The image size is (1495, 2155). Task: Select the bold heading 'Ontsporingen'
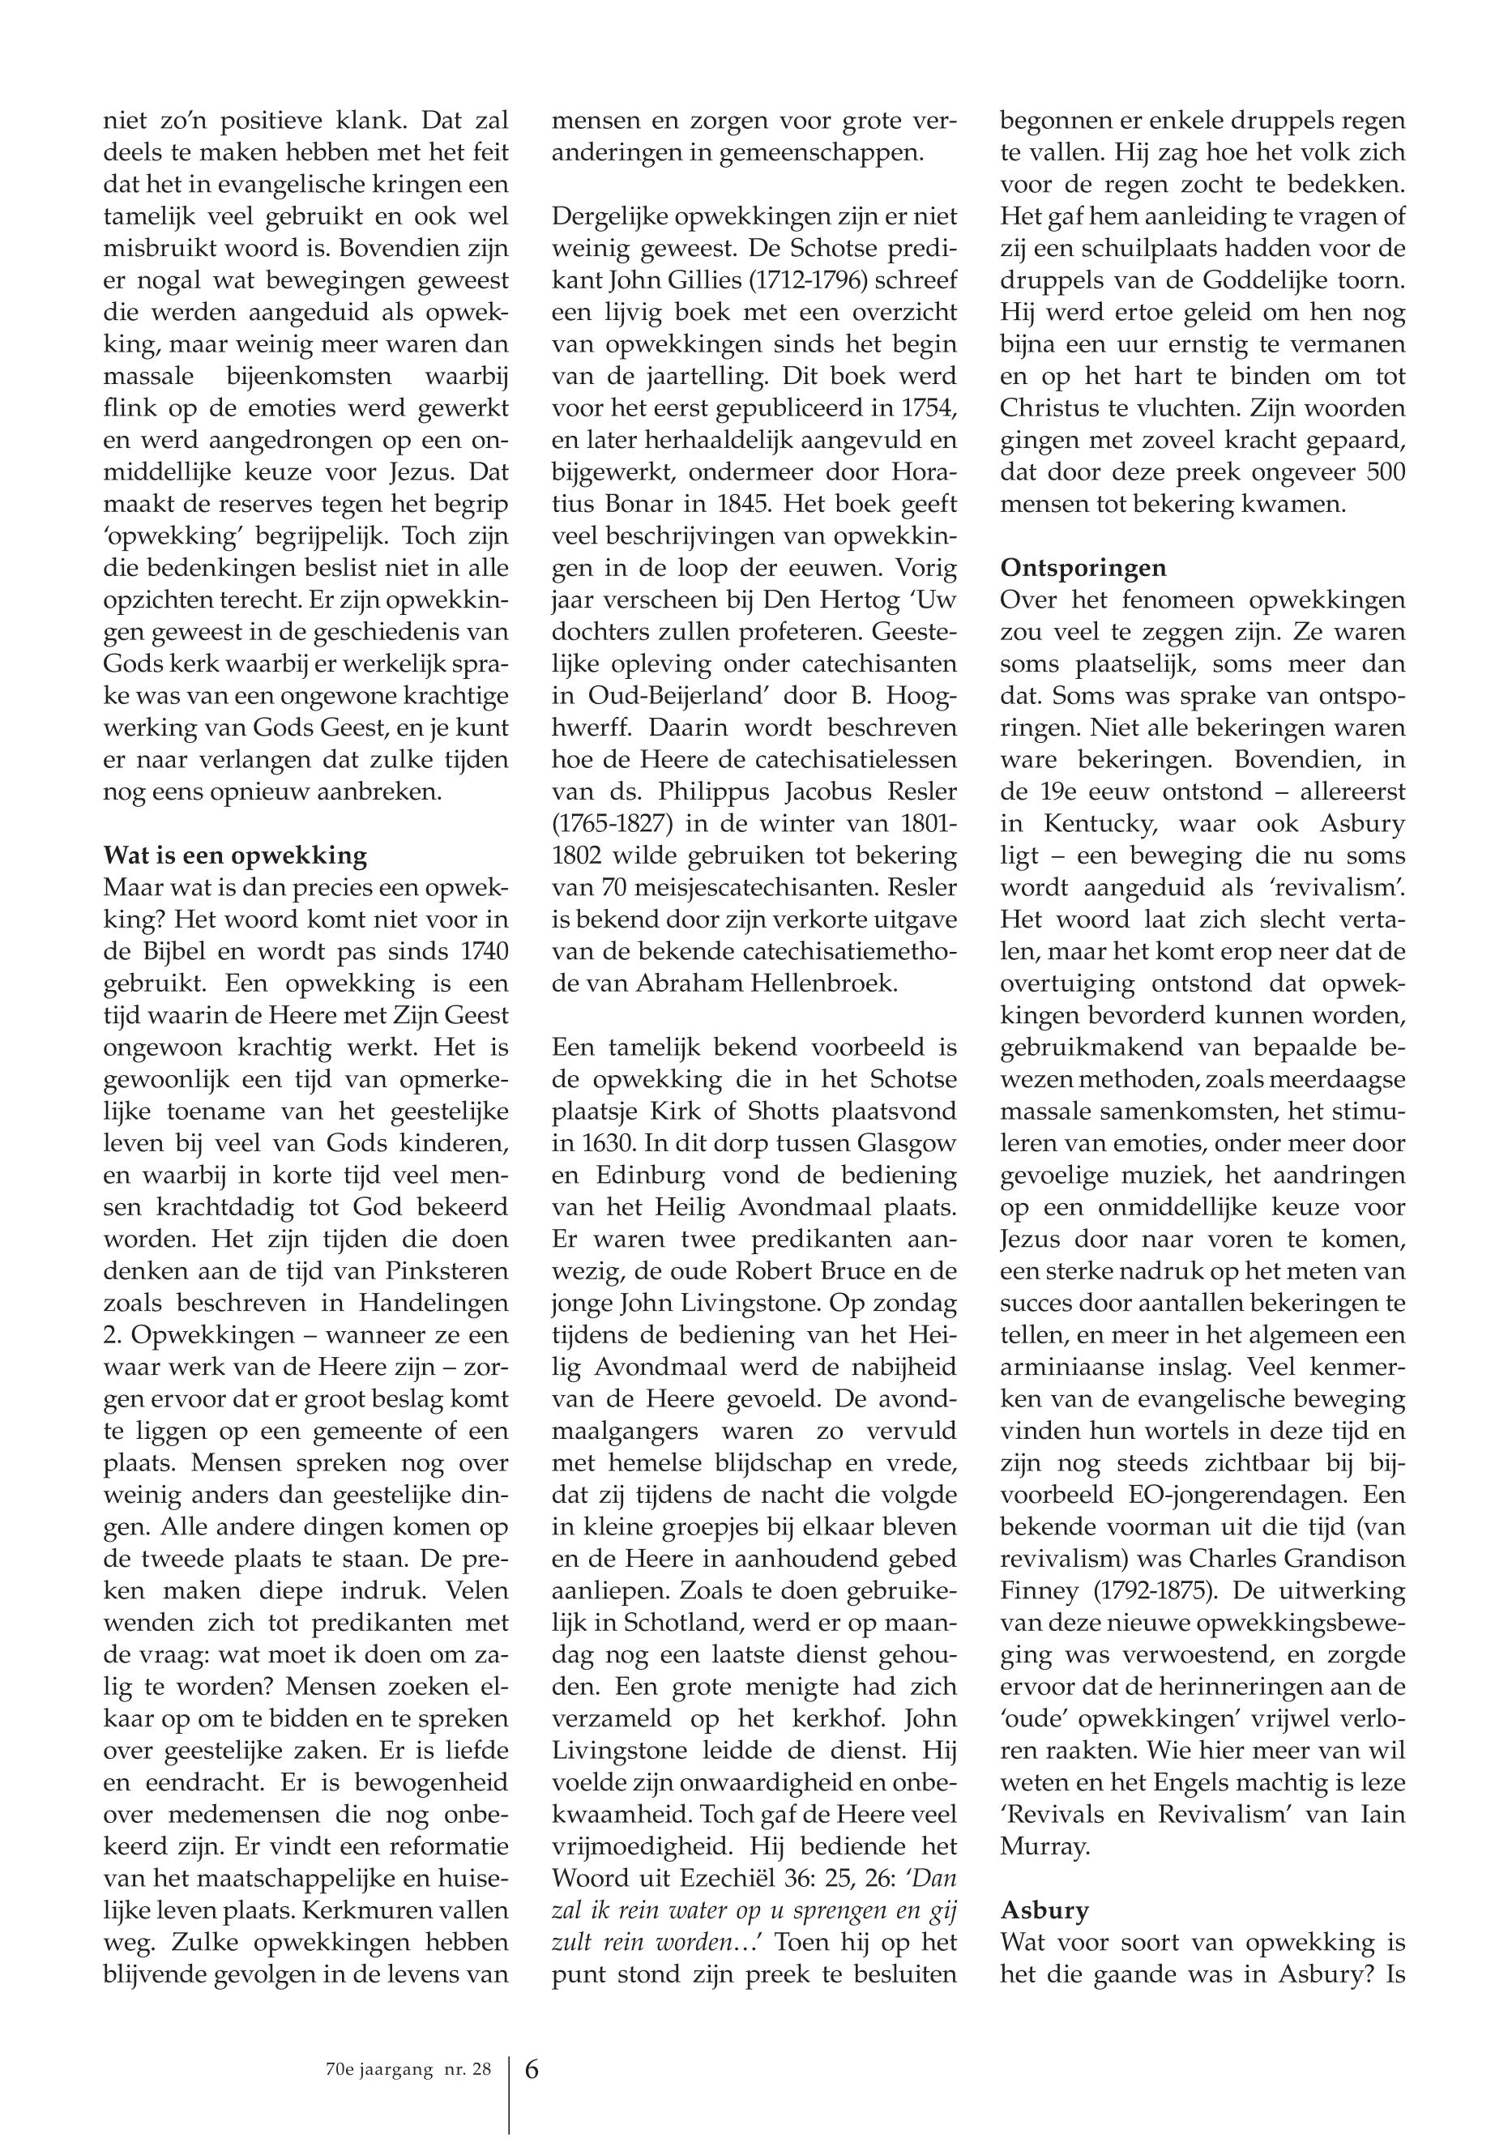[1083, 568]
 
